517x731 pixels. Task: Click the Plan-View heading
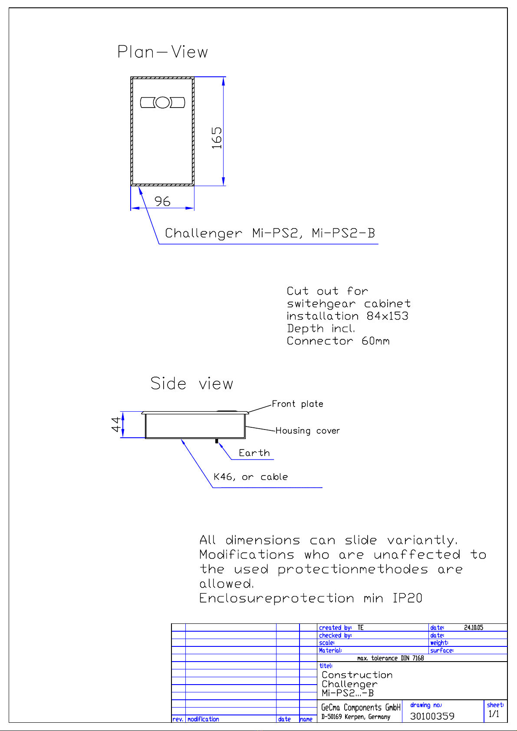point(163,52)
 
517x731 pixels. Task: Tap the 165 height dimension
point(217,138)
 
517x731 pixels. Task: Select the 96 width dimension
point(162,201)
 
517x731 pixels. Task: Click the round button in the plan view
point(162,102)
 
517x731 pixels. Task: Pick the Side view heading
point(191,384)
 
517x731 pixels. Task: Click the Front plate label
point(297,404)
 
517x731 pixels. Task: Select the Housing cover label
point(307,431)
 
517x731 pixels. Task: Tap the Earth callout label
point(254,453)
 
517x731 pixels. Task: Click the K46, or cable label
point(250,477)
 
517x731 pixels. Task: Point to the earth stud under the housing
point(216,441)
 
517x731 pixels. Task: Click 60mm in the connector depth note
point(375,341)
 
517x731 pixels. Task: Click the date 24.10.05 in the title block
point(473,628)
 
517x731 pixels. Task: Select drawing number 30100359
point(432,716)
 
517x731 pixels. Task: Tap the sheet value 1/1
point(494,714)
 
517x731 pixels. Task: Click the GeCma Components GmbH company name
point(360,708)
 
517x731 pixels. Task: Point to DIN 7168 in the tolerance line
point(412,658)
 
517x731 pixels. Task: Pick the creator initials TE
point(360,628)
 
